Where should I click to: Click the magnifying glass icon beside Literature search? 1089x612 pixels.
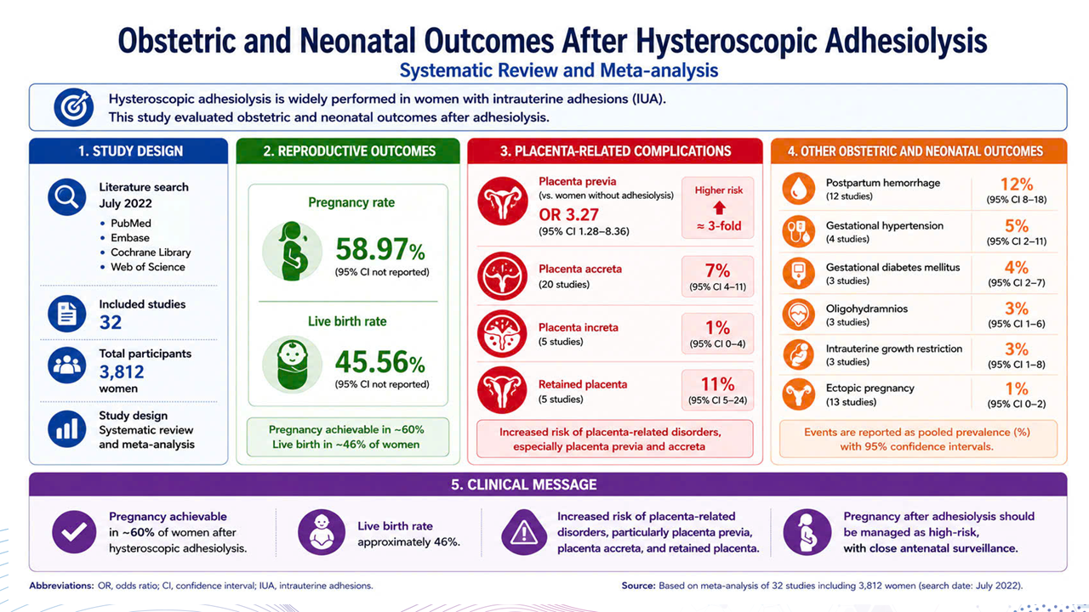(66, 196)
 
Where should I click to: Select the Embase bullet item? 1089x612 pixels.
(130, 237)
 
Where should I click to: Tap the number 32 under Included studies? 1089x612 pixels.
(111, 322)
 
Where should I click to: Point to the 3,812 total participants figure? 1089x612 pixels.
(122, 372)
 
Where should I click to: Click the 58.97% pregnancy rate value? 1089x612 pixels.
(380, 249)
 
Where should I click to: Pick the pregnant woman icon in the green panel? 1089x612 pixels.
(292, 251)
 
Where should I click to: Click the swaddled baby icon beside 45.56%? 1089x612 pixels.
(292, 364)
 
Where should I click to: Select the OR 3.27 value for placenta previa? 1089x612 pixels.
(568, 215)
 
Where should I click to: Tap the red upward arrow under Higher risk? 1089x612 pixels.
(719, 208)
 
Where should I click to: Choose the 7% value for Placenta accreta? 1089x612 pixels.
(717, 270)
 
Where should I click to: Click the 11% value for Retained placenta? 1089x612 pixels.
(717, 384)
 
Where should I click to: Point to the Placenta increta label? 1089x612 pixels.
(578, 327)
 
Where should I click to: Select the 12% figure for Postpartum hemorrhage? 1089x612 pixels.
(1017, 184)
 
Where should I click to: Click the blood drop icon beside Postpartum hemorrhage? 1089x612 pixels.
(799, 189)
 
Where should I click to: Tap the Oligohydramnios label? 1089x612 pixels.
(866, 309)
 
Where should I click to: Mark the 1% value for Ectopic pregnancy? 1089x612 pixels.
(1017, 388)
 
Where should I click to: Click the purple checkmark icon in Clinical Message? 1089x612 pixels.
(74, 532)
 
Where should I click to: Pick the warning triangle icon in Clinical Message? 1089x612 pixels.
(523, 532)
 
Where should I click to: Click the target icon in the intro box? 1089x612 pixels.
(73, 107)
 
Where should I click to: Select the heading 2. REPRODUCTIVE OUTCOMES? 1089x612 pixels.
(350, 151)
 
